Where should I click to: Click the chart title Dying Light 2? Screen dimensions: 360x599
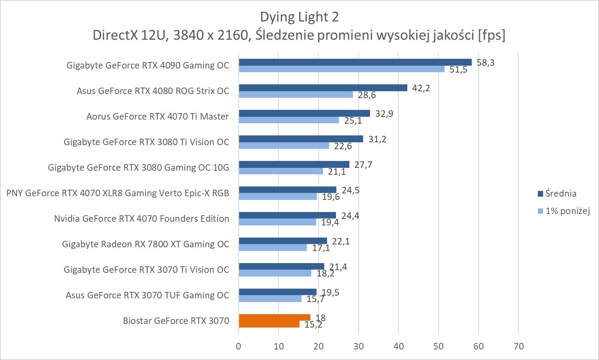tap(299, 17)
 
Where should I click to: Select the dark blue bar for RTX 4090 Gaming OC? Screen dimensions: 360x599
tap(355, 62)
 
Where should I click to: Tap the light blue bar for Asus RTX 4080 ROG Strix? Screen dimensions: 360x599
tap(296, 94)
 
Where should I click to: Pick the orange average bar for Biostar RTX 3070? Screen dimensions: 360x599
tap(274, 317)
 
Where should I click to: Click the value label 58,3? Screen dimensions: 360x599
tap(486, 63)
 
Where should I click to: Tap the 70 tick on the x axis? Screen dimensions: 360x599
tap(518, 346)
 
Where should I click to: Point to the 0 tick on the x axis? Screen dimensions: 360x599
tap(239, 346)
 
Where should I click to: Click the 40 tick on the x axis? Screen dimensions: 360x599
tap(398, 346)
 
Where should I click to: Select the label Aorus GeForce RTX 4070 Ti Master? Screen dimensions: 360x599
tap(158, 117)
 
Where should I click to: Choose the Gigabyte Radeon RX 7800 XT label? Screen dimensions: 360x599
tap(145, 244)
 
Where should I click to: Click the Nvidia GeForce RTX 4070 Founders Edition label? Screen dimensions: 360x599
tap(141, 219)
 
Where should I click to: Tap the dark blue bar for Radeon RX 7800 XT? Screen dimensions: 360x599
tap(283, 241)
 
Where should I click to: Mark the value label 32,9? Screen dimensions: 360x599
tap(384, 114)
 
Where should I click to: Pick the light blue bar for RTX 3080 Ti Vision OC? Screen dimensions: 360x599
tap(284, 146)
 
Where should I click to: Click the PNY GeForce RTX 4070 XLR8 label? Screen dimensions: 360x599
tap(118, 193)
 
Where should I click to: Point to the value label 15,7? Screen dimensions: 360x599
tap(317, 299)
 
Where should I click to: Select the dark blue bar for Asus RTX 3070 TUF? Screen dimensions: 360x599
tap(278, 292)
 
